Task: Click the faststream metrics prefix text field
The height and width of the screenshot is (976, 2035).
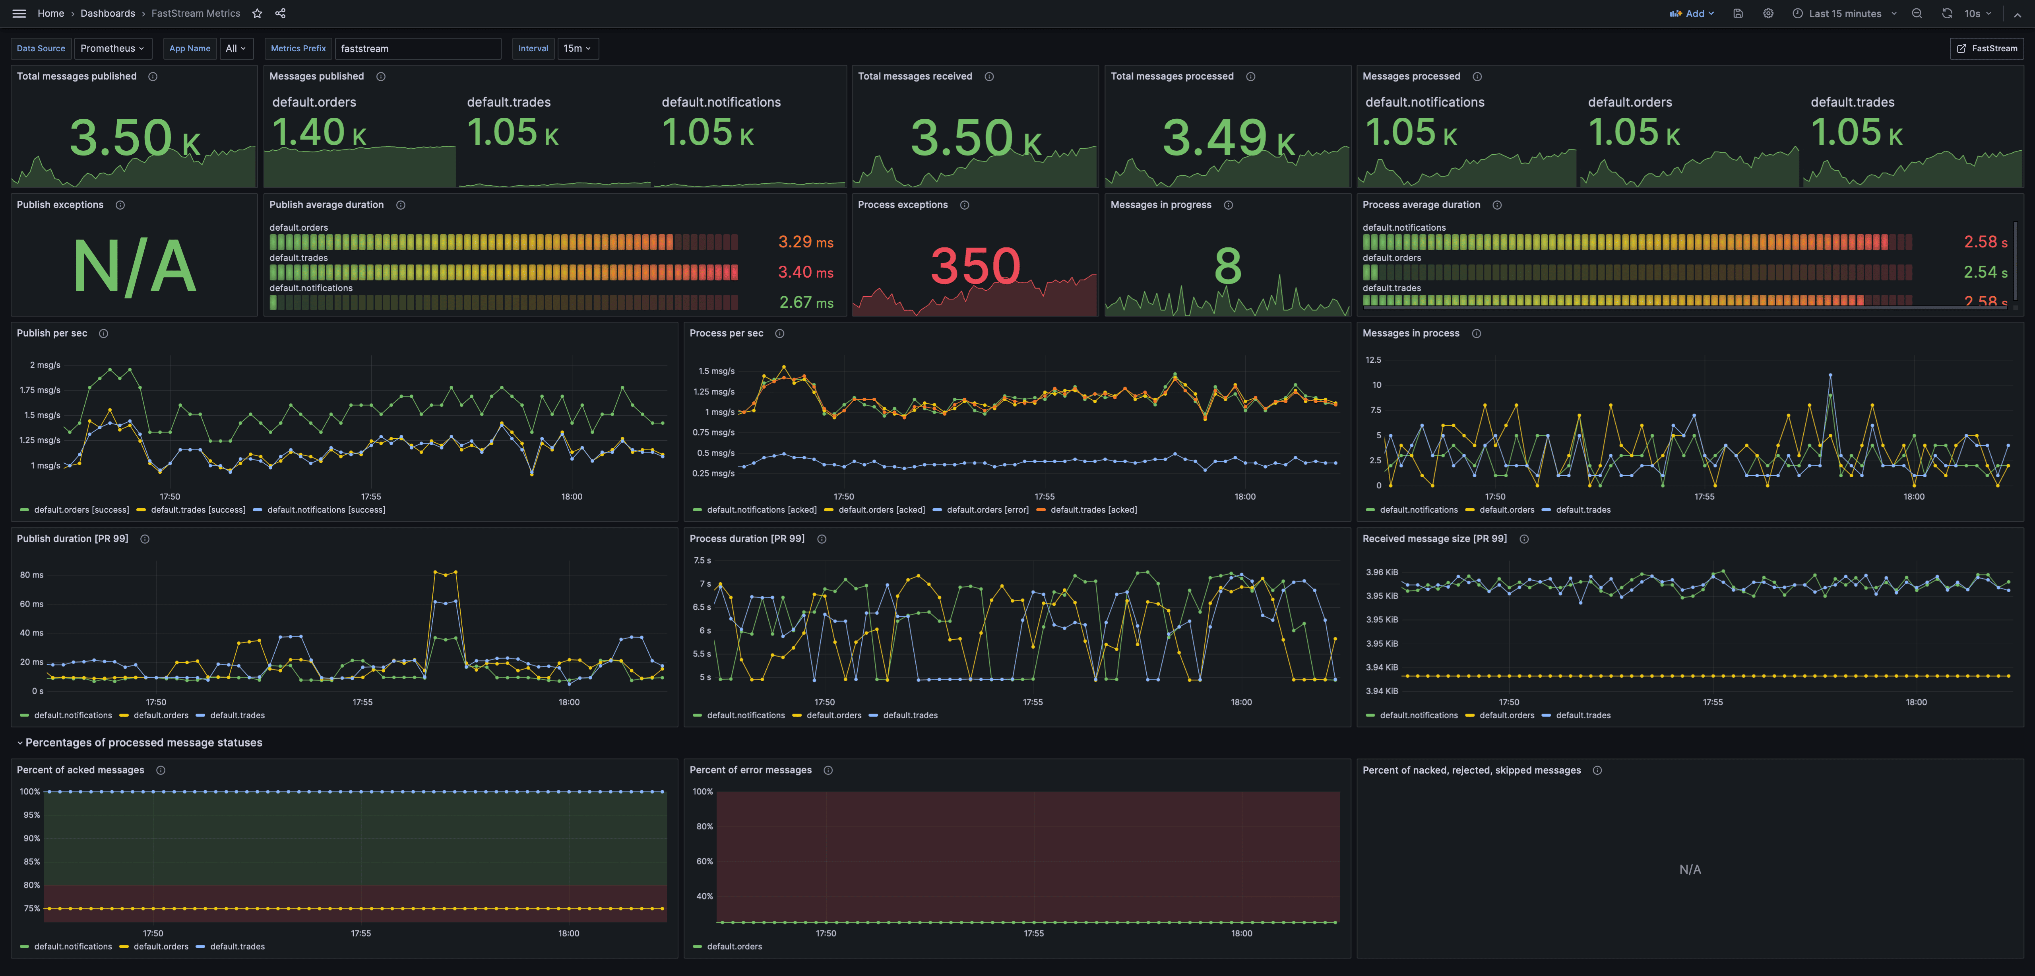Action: pyautogui.click(x=417, y=48)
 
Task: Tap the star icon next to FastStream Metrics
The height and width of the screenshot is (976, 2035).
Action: pyautogui.click(x=257, y=14)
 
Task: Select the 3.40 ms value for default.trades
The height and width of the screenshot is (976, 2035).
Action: pyautogui.click(x=805, y=272)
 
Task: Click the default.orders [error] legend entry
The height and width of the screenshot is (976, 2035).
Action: pyautogui.click(x=986, y=510)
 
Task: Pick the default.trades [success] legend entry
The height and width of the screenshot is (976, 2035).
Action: pyautogui.click(x=198, y=510)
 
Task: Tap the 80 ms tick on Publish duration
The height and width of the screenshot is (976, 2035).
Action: pyautogui.click(x=32, y=575)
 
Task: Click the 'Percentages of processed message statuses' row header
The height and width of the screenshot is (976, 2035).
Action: pyautogui.click(x=143, y=742)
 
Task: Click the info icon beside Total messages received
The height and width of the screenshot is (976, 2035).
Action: pyautogui.click(x=989, y=77)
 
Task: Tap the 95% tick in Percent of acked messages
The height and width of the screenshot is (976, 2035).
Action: pyautogui.click(x=32, y=815)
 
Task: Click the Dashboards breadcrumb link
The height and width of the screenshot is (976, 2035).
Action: pyautogui.click(x=107, y=14)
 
